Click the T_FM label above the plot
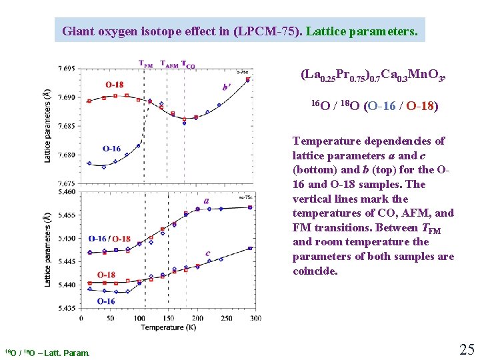tap(146, 65)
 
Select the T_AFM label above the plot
tap(170, 65)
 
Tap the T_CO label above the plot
tap(189, 65)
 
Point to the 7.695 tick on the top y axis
tap(66, 68)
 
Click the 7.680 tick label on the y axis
tap(66, 155)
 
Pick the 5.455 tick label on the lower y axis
tap(66, 215)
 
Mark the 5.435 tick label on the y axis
tap(66, 308)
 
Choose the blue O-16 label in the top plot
tap(111, 149)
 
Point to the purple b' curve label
tap(227, 87)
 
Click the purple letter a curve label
tap(207, 200)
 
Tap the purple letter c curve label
tap(209, 253)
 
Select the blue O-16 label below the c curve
tap(107, 301)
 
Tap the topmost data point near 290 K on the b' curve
tap(249, 79)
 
